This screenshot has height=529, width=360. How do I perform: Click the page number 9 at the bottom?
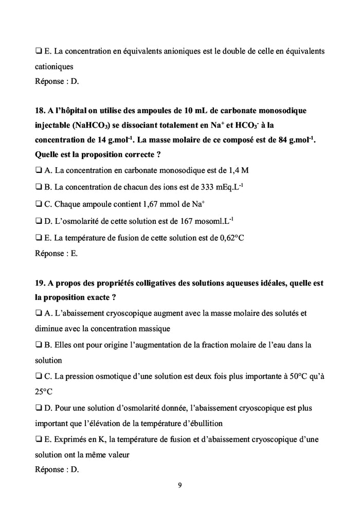(x=179, y=484)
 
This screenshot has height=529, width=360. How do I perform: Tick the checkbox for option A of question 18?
(x=39, y=170)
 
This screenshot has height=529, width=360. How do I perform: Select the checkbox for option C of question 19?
(x=39, y=376)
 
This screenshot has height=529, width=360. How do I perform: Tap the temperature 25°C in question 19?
(x=44, y=392)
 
